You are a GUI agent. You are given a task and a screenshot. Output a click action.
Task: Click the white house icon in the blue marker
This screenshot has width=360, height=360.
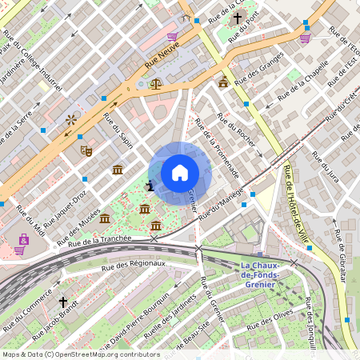point(179,173)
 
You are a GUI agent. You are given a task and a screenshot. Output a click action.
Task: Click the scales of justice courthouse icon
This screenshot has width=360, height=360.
point(155,83)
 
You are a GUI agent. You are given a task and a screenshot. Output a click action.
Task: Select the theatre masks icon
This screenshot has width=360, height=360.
point(86,150)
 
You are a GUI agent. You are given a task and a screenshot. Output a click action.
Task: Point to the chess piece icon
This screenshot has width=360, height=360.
point(150,186)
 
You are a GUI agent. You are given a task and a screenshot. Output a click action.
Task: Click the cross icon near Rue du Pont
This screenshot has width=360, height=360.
point(237,19)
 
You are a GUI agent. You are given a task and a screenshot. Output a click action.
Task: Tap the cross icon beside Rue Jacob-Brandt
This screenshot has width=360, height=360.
point(63,302)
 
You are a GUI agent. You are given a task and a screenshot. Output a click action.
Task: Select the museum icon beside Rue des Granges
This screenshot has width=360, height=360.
point(222,82)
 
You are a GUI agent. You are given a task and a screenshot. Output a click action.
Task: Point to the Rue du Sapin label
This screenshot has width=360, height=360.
point(118,129)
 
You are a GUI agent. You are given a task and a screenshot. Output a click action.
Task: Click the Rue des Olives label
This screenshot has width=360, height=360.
point(268,322)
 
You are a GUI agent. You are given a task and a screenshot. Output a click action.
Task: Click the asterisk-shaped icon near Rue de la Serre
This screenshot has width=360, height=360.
point(71,119)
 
